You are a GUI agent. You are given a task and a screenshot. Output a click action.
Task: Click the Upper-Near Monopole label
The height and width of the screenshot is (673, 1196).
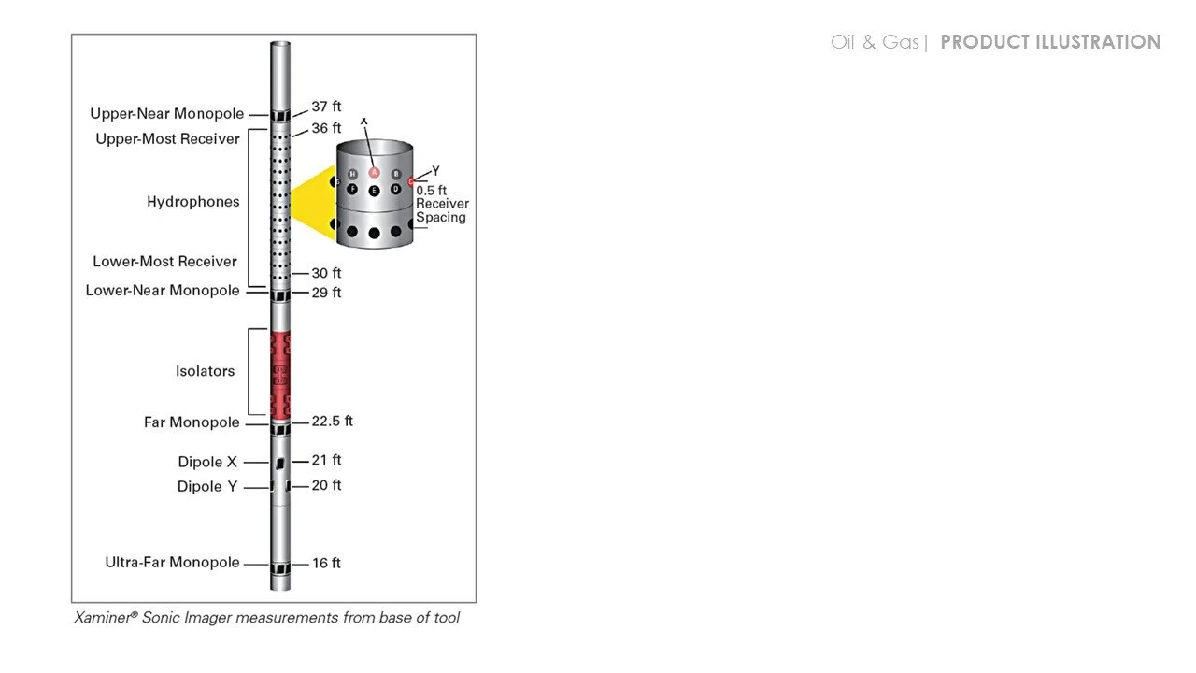point(166,114)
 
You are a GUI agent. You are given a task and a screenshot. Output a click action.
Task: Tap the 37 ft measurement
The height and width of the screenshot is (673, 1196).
point(326,107)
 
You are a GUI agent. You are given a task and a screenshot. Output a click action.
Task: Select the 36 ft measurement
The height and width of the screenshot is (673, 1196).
point(326,128)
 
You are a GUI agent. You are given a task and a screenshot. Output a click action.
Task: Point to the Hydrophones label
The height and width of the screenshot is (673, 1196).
point(192,202)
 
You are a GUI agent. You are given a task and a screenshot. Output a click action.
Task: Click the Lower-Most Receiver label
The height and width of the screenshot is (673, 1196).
point(164,262)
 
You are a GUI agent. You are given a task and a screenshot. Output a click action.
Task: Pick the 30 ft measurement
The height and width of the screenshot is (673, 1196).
point(326,273)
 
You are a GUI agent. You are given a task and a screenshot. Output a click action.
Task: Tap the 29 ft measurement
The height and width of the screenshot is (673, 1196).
point(326,293)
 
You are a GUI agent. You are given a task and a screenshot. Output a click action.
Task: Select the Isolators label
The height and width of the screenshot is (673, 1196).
point(205,371)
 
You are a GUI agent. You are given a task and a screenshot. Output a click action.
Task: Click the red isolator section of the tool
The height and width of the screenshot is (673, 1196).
point(280,374)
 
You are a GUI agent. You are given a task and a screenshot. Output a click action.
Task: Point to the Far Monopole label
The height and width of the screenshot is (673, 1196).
point(192,422)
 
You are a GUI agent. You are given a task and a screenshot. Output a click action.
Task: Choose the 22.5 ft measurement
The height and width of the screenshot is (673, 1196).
point(332,422)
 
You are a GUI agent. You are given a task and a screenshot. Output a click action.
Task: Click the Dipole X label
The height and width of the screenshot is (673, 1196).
point(207,462)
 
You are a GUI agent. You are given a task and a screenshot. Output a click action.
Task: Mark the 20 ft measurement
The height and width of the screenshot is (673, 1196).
point(326,485)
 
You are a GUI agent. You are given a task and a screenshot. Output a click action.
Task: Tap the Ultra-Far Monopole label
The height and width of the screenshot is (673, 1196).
point(172,563)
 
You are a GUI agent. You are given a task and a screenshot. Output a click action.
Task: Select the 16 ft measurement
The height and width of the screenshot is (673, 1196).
point(326,563)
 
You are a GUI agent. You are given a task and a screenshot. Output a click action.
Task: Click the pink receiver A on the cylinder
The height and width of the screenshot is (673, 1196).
point(374,172)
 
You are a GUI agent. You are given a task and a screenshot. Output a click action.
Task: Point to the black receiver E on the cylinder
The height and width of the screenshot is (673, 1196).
point(374,190)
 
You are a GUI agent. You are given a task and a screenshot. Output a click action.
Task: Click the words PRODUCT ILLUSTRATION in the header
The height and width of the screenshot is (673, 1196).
point(1050,42)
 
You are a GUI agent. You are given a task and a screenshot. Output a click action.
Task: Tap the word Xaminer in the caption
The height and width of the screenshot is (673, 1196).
point(106,618)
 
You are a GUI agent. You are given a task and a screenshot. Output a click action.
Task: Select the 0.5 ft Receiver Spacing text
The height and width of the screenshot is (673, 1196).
point(441,204)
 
